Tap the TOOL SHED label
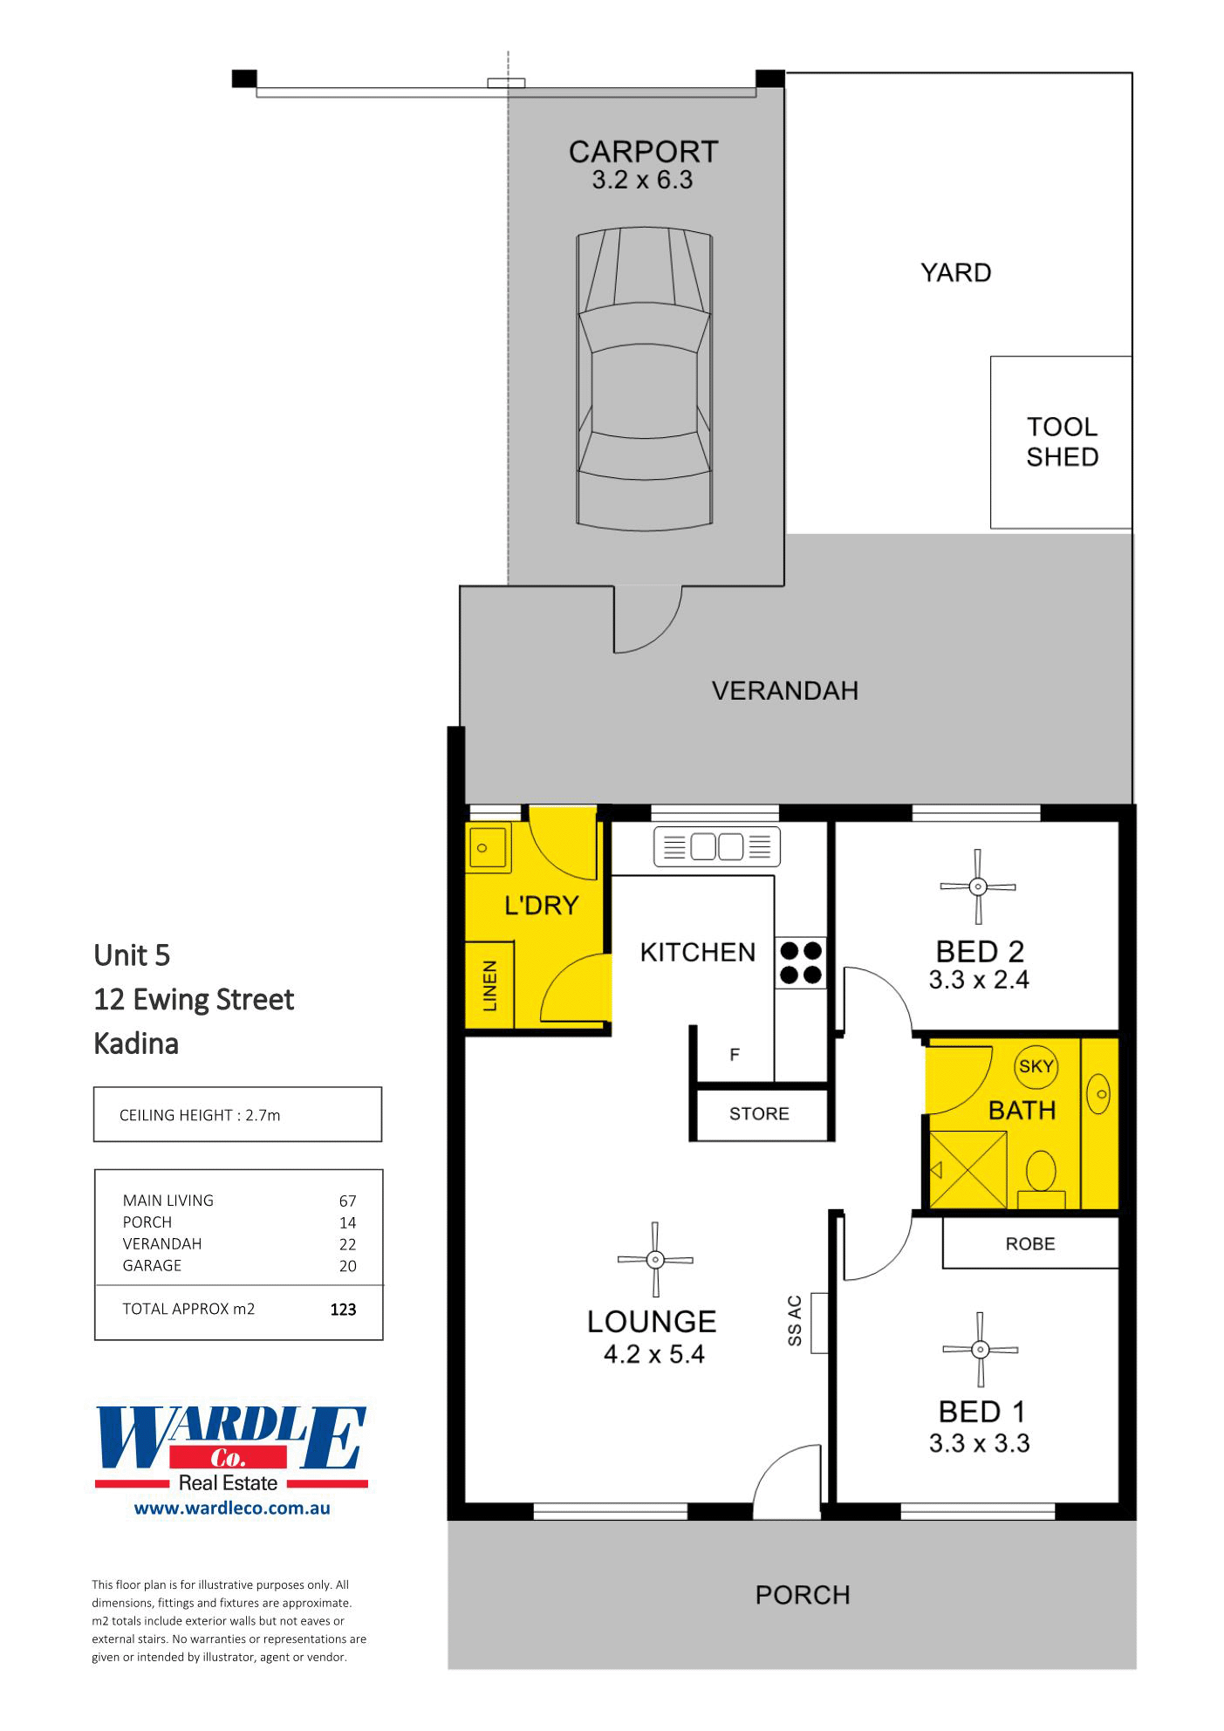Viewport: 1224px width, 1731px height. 1062,441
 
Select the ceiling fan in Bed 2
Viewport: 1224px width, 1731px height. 978,886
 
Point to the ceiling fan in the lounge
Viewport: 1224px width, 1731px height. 655,1260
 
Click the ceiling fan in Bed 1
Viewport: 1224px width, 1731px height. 980,1350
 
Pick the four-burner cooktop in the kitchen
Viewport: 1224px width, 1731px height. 801,962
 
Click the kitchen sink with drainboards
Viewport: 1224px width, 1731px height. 716,847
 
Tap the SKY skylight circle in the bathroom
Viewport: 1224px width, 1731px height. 1036,1066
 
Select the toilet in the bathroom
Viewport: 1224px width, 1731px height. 1041,1174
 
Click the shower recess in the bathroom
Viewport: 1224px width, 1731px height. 968,1169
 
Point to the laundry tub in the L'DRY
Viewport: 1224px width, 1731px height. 488,846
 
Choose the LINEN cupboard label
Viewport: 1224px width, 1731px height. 489,986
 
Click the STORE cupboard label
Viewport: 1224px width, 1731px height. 759,1114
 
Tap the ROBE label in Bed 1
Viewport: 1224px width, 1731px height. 1030,1243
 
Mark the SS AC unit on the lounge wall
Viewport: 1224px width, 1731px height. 818,1323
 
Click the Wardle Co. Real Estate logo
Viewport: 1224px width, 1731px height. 231,1450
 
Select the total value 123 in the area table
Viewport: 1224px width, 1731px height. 343,1310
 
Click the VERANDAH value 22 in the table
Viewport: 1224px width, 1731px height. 347,1244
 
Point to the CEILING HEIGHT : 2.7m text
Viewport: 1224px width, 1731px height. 200,1115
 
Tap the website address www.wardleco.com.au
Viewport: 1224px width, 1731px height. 232,1508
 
